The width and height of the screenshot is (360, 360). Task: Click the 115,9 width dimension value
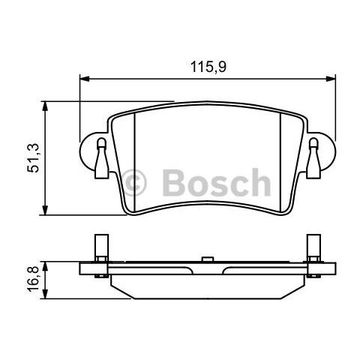click(208, 67)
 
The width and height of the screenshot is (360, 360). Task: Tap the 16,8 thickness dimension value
click(34, 280)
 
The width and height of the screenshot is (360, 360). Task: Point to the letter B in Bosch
click(170, 182)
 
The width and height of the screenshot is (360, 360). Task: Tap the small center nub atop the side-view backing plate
click(205, 259)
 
